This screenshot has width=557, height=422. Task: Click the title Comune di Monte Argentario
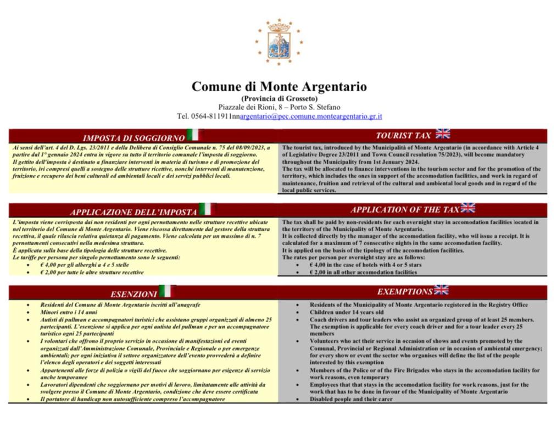(279, 87)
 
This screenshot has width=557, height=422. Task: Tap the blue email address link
(311, 116)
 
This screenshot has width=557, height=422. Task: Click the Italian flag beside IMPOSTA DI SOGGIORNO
(193, 135)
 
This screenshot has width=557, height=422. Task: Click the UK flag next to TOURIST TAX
(443, 134)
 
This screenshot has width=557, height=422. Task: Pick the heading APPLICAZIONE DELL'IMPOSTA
(133, 212)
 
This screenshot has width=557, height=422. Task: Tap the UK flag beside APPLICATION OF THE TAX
(468, 208)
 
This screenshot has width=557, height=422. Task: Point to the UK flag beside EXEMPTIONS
(441, 290)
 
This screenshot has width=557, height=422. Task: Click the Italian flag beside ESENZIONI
(166, 292)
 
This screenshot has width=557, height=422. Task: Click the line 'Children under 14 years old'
(347, 312)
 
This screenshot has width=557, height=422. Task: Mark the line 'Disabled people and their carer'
(352, 399)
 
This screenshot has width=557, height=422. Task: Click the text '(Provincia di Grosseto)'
(279, 98)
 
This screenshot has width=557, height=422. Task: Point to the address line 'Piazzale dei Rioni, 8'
(279, 107)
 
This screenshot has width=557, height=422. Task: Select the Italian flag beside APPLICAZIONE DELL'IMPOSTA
(205, 209)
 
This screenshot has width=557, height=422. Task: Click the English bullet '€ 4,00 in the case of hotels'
(366, 265)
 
